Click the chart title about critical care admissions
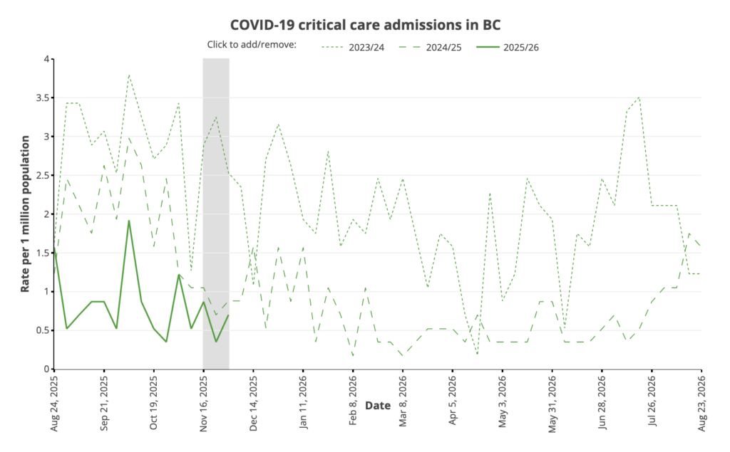tap(365, 24)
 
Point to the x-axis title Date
tap(378, 406)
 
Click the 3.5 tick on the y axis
tap(41, 98)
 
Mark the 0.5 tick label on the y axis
tap(41, 330)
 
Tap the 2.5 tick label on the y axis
tap(41, 175)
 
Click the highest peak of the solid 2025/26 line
tap(129, 221)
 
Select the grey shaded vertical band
tap(216, 214)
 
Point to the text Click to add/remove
tap(251, 45)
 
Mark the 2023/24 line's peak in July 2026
tap(639, 98)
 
